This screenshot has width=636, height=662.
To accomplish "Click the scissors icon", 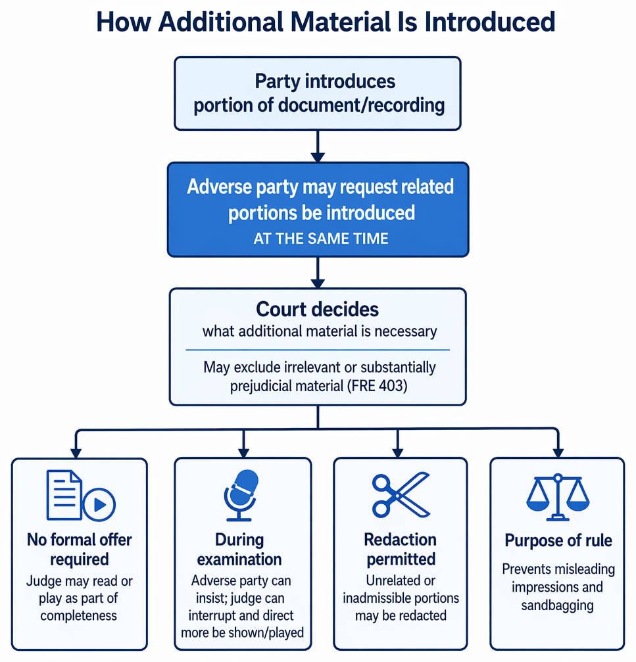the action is point(401,495).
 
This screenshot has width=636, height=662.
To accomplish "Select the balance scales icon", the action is point(558,497).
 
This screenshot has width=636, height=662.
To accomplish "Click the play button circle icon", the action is point(99,504).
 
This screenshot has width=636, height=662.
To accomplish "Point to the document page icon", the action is point(64,494).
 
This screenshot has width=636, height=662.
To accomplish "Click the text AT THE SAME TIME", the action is point(321,239).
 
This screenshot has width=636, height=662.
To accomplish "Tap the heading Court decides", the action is point(318,310).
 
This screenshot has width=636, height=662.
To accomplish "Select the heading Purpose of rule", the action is point(558,540).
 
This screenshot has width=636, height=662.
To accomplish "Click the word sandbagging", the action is point(558,605).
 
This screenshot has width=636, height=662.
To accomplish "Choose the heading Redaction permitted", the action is point(401,550).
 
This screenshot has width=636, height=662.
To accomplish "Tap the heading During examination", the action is point(239,550).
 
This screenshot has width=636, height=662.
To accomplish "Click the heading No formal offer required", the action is point(80,550).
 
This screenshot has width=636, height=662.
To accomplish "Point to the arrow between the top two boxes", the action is point(318,146).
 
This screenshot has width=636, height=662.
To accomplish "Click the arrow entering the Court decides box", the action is point(318,273).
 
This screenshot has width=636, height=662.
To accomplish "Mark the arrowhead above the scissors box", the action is point(398,452).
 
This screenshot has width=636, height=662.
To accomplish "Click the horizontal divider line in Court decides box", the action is point(318,350).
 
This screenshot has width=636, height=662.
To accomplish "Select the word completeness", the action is point(78,616).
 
